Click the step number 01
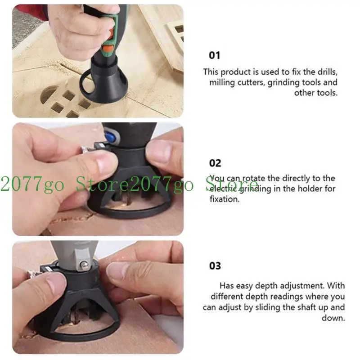pyautogui.click(x=215, y=55)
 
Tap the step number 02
pyautogui.click(x=215, y=163)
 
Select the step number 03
pyautogui.click(x=215, y=265)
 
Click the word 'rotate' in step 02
pyautogui.click(x=255, y=178)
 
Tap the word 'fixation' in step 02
pyautogui.click(x=225, y=198)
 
